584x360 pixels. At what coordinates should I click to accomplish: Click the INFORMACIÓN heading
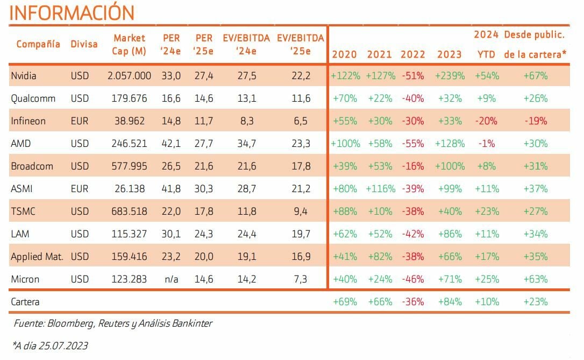point(72,12)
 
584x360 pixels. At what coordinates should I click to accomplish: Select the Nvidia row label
point(24,76)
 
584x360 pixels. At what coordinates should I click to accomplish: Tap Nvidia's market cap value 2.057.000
point(130,76)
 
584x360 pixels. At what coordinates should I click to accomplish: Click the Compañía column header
point(38,44)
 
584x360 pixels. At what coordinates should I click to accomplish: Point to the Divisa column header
point(84,44)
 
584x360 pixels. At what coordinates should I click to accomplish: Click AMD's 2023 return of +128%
point(450,144)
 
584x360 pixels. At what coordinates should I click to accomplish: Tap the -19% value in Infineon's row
point(536,121)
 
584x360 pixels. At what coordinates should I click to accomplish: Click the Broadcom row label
point(32,166)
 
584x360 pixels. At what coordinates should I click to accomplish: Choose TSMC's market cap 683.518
point(129,211)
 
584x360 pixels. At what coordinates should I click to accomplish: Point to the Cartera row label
point(25,302)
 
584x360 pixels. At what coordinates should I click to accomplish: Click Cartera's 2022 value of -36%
point(413,302)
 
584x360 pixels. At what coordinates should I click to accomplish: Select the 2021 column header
point(380,54)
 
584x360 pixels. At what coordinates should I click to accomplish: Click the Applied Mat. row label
point(37,257)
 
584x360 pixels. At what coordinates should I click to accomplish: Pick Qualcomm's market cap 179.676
point(129,98)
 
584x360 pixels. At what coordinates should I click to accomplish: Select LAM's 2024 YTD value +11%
point(487,234)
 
